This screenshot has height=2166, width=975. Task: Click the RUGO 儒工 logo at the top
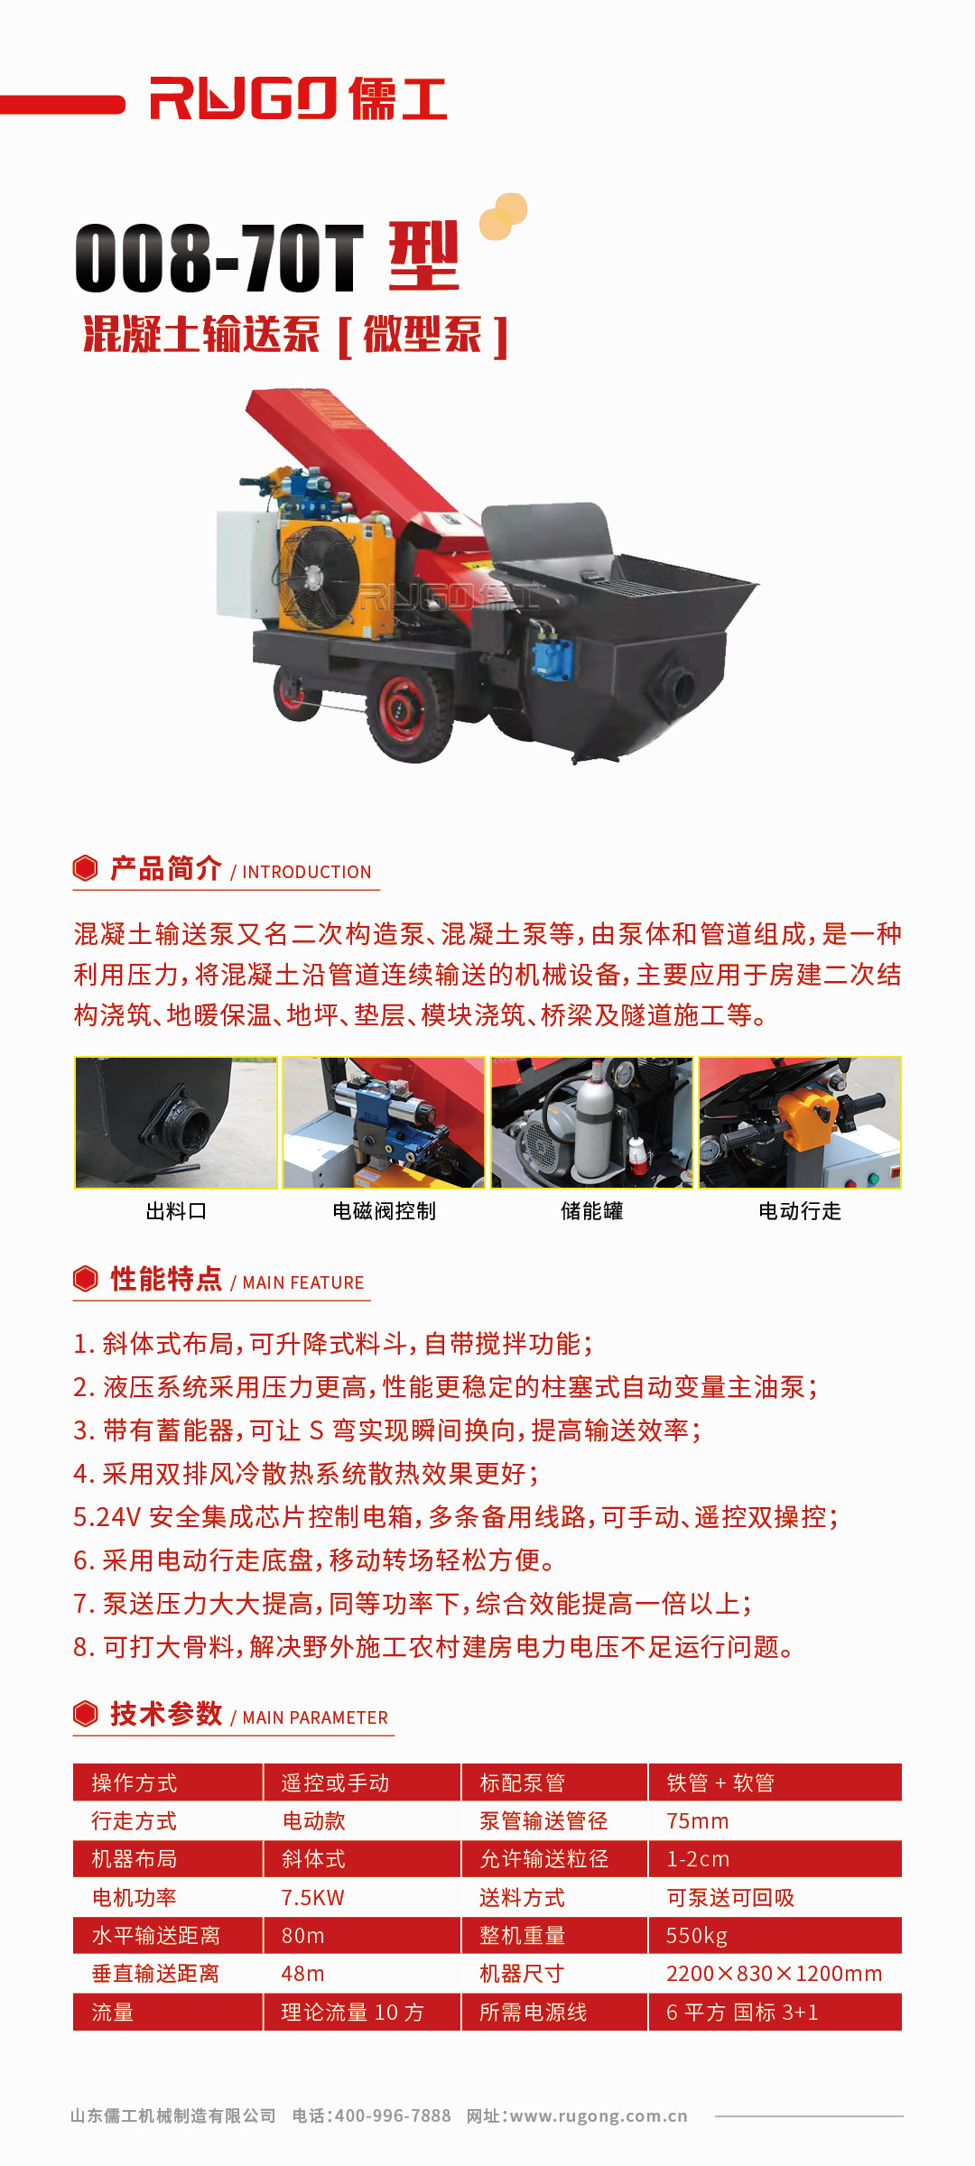(298, 98)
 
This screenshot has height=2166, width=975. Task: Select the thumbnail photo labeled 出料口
(176, 1123)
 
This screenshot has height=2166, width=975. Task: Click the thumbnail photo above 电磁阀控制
(384, 1123)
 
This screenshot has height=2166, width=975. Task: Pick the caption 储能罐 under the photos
(592, 1211)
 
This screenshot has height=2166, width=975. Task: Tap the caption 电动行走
(800, 1211)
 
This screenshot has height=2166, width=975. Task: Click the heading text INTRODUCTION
(307, 873)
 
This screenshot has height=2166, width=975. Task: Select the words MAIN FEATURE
(303, 1283)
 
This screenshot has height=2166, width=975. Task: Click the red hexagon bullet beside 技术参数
(86, 1713)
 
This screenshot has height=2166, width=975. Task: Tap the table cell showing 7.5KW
(313, 1898)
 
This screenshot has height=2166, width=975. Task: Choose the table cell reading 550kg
(697, 1936)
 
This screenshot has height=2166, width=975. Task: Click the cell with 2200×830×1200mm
(774, 1974)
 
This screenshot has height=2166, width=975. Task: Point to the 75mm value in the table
(698, 1821)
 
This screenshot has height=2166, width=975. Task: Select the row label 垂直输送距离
(155, 1974)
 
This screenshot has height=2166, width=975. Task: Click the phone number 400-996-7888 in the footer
(393, 2115)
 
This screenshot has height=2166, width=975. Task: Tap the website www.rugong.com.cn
(599, 2115)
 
